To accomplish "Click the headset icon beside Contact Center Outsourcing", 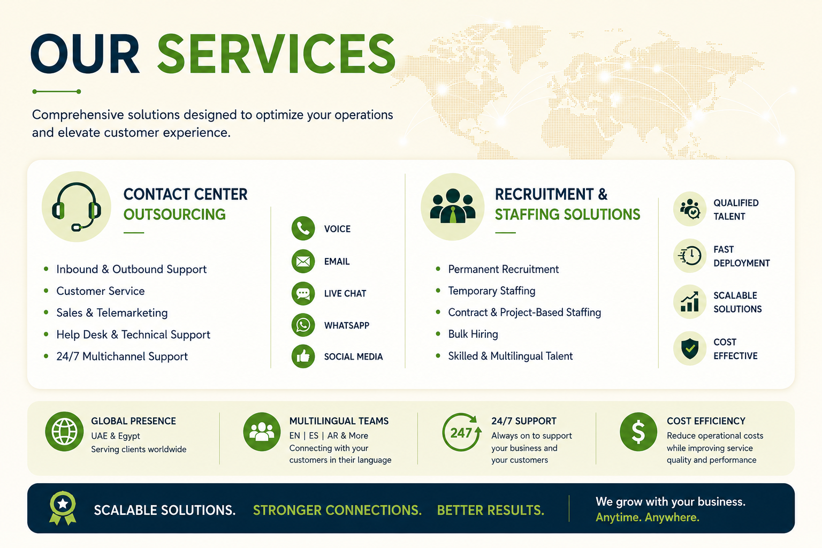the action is click(x=77, y=207).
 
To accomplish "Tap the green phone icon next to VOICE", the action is click(x=303, y=229).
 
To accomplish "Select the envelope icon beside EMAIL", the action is click(x=303, y=261).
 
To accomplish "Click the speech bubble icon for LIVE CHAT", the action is click(x=303, y=293).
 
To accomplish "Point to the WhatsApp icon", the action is click(x=303, y=325).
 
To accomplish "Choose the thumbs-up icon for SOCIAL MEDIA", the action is click(x=303, y=356).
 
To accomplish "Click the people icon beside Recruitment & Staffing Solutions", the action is click(x=452, y=207).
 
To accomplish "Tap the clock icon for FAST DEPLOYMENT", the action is click(x=690, y=256).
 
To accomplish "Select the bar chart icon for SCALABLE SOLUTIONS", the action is click(x=690, y=302).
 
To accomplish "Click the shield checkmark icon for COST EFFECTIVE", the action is click(x=690, y=348).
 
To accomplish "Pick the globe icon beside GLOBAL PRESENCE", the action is click(x=65, y=431).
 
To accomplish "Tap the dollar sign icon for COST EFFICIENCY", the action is click(x=638, y=432).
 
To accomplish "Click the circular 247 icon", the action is click(x=461, y=432).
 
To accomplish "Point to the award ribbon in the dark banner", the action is click(x=63, y=508).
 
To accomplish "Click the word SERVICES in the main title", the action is click(x=276, y=54).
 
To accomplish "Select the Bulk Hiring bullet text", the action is click(x=473, y=334).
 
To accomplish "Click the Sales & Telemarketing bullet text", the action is click(x=112, y=313).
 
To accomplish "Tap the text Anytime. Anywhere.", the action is click(x=648, y=517).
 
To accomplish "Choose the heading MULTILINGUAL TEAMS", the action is click(x=339, y=421).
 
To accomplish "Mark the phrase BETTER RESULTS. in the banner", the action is click(x=491, y=510).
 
